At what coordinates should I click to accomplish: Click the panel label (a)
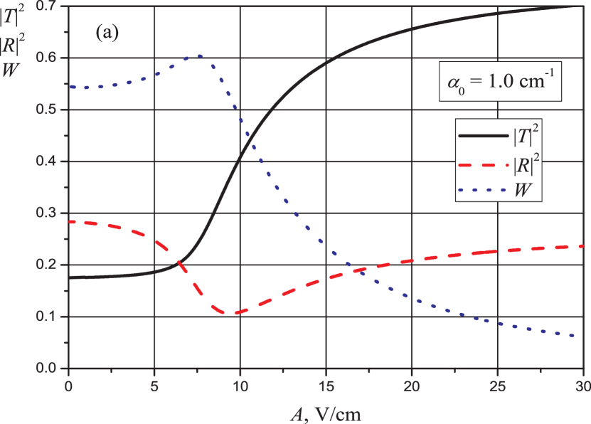tap(107, 33)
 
